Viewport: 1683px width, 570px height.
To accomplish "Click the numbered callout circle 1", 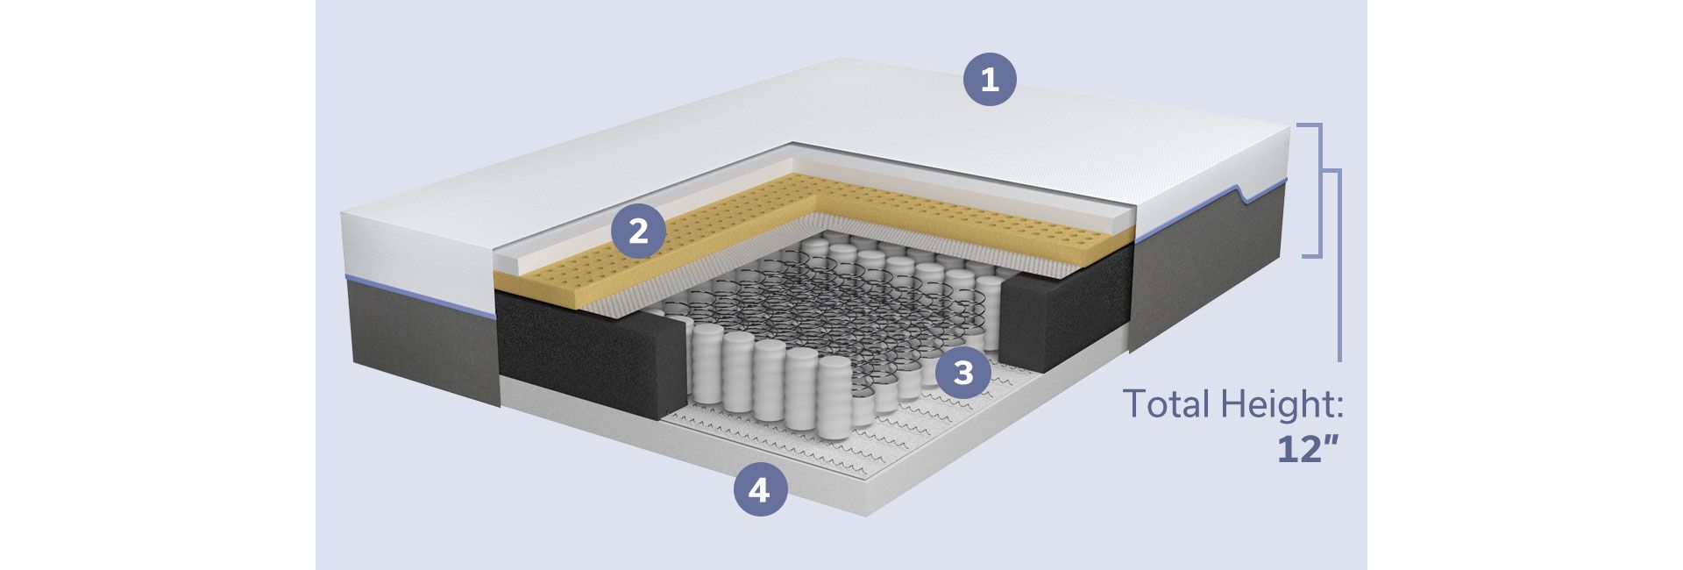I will point(990,81).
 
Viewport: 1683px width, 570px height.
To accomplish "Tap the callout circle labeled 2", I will point(638,232).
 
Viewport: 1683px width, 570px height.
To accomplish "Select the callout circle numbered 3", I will point(962,373).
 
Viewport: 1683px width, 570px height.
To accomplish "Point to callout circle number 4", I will point(759,489).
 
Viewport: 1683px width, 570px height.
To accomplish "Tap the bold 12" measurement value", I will point(1307,450).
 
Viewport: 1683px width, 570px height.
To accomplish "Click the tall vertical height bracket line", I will point(1339,263).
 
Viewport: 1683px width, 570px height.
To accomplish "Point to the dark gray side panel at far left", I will point(421,346).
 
